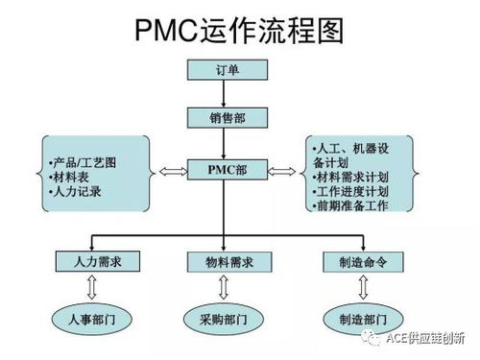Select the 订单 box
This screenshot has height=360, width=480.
point(224,69)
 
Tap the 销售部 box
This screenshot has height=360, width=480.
point(224,116)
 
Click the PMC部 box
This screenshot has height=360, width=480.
point(224,169)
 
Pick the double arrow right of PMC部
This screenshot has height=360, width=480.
point(280,172)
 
